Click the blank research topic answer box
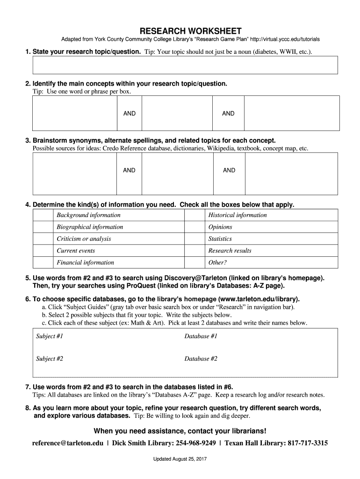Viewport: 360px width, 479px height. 185,65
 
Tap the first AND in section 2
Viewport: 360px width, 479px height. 130,114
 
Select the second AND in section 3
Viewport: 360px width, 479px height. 229,170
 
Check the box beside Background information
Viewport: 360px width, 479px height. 43,215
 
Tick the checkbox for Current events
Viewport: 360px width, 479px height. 43,251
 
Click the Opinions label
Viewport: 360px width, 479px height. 220,227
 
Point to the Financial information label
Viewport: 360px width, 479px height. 85,262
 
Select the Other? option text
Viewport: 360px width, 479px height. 217,262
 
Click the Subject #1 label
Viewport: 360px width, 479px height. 50,336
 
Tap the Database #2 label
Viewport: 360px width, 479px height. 201,359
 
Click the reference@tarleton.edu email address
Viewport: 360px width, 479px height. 68,443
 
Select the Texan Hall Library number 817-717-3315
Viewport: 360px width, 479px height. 308,443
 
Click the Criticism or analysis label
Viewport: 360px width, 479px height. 84,239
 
